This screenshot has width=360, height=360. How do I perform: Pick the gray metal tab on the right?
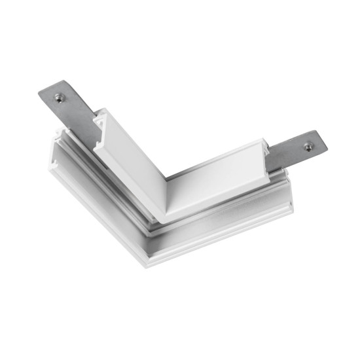(295, 152)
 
